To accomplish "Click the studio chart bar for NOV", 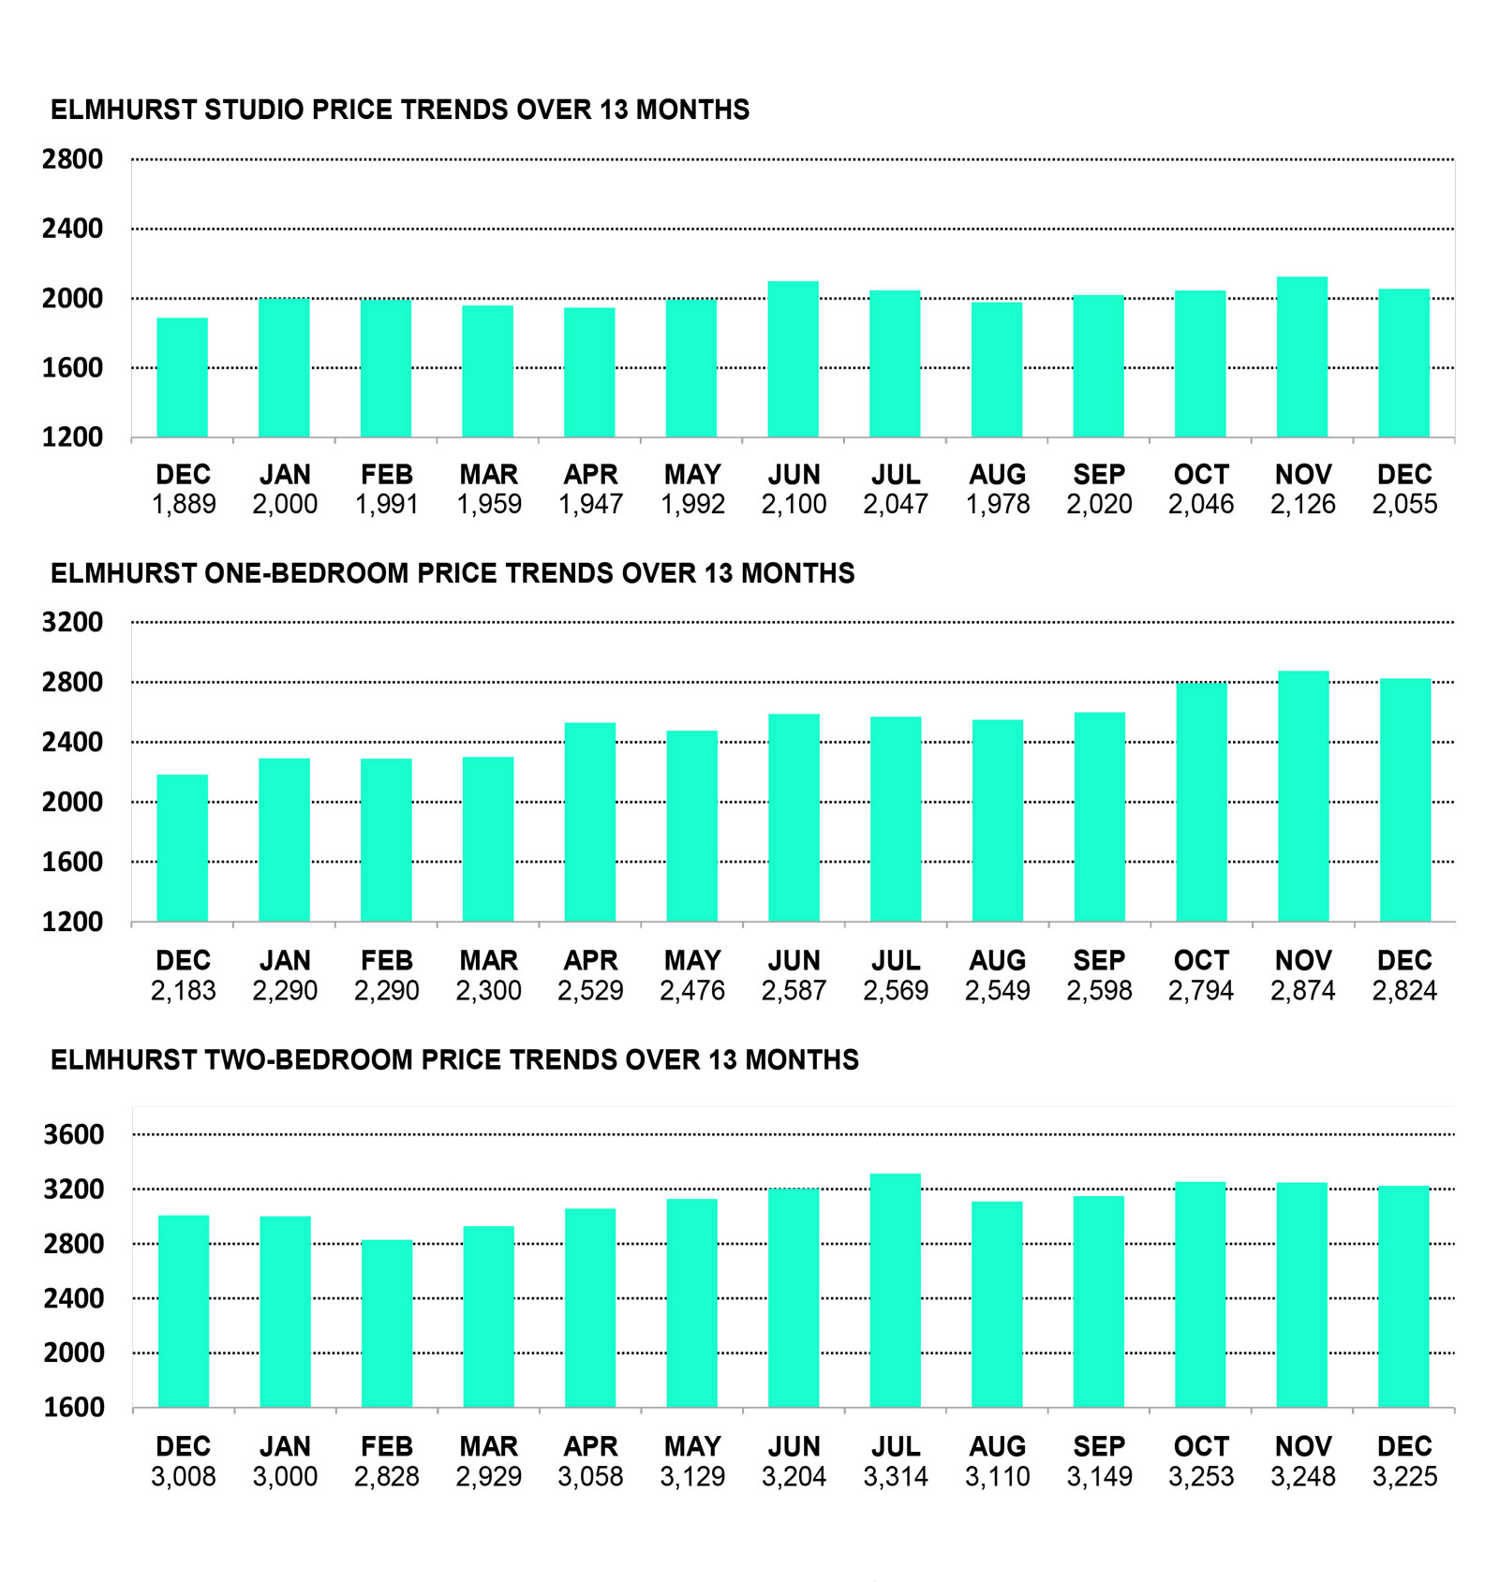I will click(1302, 357).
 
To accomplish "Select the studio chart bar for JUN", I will click(794, 360).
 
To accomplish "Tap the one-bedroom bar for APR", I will click(590, 821).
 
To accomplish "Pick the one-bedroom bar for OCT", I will click(1201, 802).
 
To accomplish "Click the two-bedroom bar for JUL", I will click(896, 1290).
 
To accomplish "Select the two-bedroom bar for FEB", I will click(387, 1323).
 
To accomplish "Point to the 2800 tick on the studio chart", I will click(72, 159).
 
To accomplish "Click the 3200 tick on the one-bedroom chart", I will click(72, 622).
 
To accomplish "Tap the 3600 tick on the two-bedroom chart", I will click(74, 1134).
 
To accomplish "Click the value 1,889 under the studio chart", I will click(184, 505).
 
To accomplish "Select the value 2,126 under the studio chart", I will click(1302, 505).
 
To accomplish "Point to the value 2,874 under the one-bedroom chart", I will click(1302, 991).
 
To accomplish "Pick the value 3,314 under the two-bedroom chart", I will click(896, 1477).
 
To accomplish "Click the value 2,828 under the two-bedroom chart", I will click(387, 1477).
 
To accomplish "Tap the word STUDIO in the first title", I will click(254, 110).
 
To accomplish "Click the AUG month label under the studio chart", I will click(998, 475).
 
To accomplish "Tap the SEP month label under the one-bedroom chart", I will click(1099, 961).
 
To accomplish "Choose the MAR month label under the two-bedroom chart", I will click(488, 1447).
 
